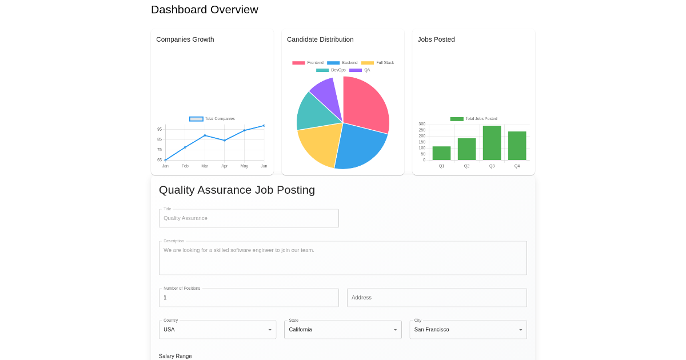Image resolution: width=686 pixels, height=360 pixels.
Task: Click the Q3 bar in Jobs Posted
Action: click(492, 143)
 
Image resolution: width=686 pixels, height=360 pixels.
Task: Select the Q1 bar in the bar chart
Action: click(441, 153)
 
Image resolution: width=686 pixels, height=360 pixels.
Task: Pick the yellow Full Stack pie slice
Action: click(318, 145)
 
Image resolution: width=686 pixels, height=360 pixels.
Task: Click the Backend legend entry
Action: click(342, 63)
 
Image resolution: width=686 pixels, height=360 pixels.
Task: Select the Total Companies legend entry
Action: click(212, 119)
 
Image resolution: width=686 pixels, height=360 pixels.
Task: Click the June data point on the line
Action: click(264, 126)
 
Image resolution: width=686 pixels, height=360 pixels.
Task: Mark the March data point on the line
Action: click(205, 135)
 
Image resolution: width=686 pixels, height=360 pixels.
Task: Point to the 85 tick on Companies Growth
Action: click(159, 139)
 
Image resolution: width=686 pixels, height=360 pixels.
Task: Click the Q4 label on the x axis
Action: click(517, 166)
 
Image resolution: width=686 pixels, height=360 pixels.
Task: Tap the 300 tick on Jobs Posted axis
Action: click(422, 124)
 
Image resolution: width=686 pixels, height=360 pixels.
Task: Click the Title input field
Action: click(249, 218)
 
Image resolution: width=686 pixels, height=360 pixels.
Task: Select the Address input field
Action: click(437, 298)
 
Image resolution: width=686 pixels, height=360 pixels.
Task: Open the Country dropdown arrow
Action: click(270, 330)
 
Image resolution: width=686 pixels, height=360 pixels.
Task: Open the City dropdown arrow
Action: click(520, 330)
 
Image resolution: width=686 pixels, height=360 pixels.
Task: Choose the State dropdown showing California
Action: click(342, 330)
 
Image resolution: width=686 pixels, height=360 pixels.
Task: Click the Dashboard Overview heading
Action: click(205, 10)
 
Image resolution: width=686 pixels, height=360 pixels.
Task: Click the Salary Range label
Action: click(175, 356)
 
